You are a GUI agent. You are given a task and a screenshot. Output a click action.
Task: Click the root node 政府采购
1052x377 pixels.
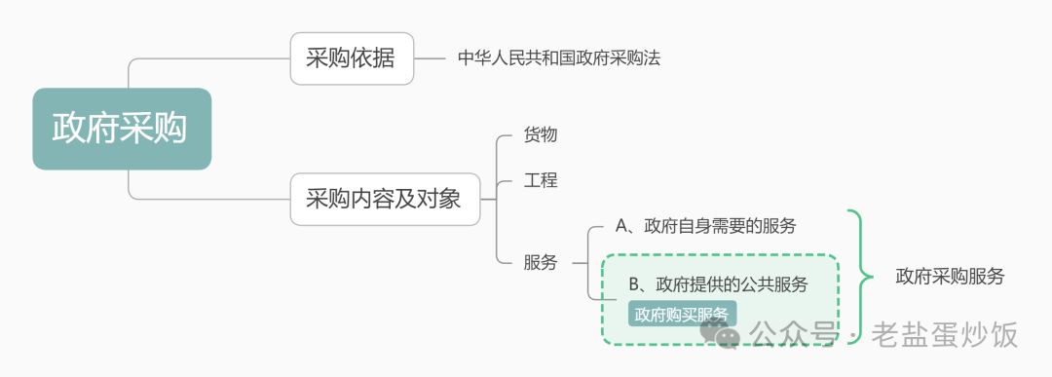point(121,129)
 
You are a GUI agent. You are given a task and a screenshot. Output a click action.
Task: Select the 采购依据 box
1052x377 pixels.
point(352,58)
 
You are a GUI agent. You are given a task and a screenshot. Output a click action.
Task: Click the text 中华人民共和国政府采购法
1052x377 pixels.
point(559,58)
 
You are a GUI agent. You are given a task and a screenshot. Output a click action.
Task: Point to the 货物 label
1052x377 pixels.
point(541,135)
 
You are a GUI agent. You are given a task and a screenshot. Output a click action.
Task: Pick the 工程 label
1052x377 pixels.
point(541,180)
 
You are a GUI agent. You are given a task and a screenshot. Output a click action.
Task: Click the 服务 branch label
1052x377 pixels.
point(541,262)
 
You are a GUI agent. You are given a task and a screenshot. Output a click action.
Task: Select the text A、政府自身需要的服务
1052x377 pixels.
point(706,227)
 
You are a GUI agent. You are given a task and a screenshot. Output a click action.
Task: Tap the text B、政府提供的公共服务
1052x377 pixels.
point(719,284)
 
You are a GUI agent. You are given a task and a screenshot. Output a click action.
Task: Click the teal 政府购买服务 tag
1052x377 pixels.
point(682,315)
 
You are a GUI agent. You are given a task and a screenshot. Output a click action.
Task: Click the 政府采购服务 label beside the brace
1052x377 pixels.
point(950,276)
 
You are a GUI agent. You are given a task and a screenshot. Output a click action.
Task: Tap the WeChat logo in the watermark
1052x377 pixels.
point(727,334)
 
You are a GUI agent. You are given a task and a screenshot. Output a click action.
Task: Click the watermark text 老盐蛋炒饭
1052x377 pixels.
point(945,336)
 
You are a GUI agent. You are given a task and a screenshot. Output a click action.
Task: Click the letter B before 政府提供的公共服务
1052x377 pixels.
point(634,284)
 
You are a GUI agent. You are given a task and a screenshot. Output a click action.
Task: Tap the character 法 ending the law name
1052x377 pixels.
point(653,58)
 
